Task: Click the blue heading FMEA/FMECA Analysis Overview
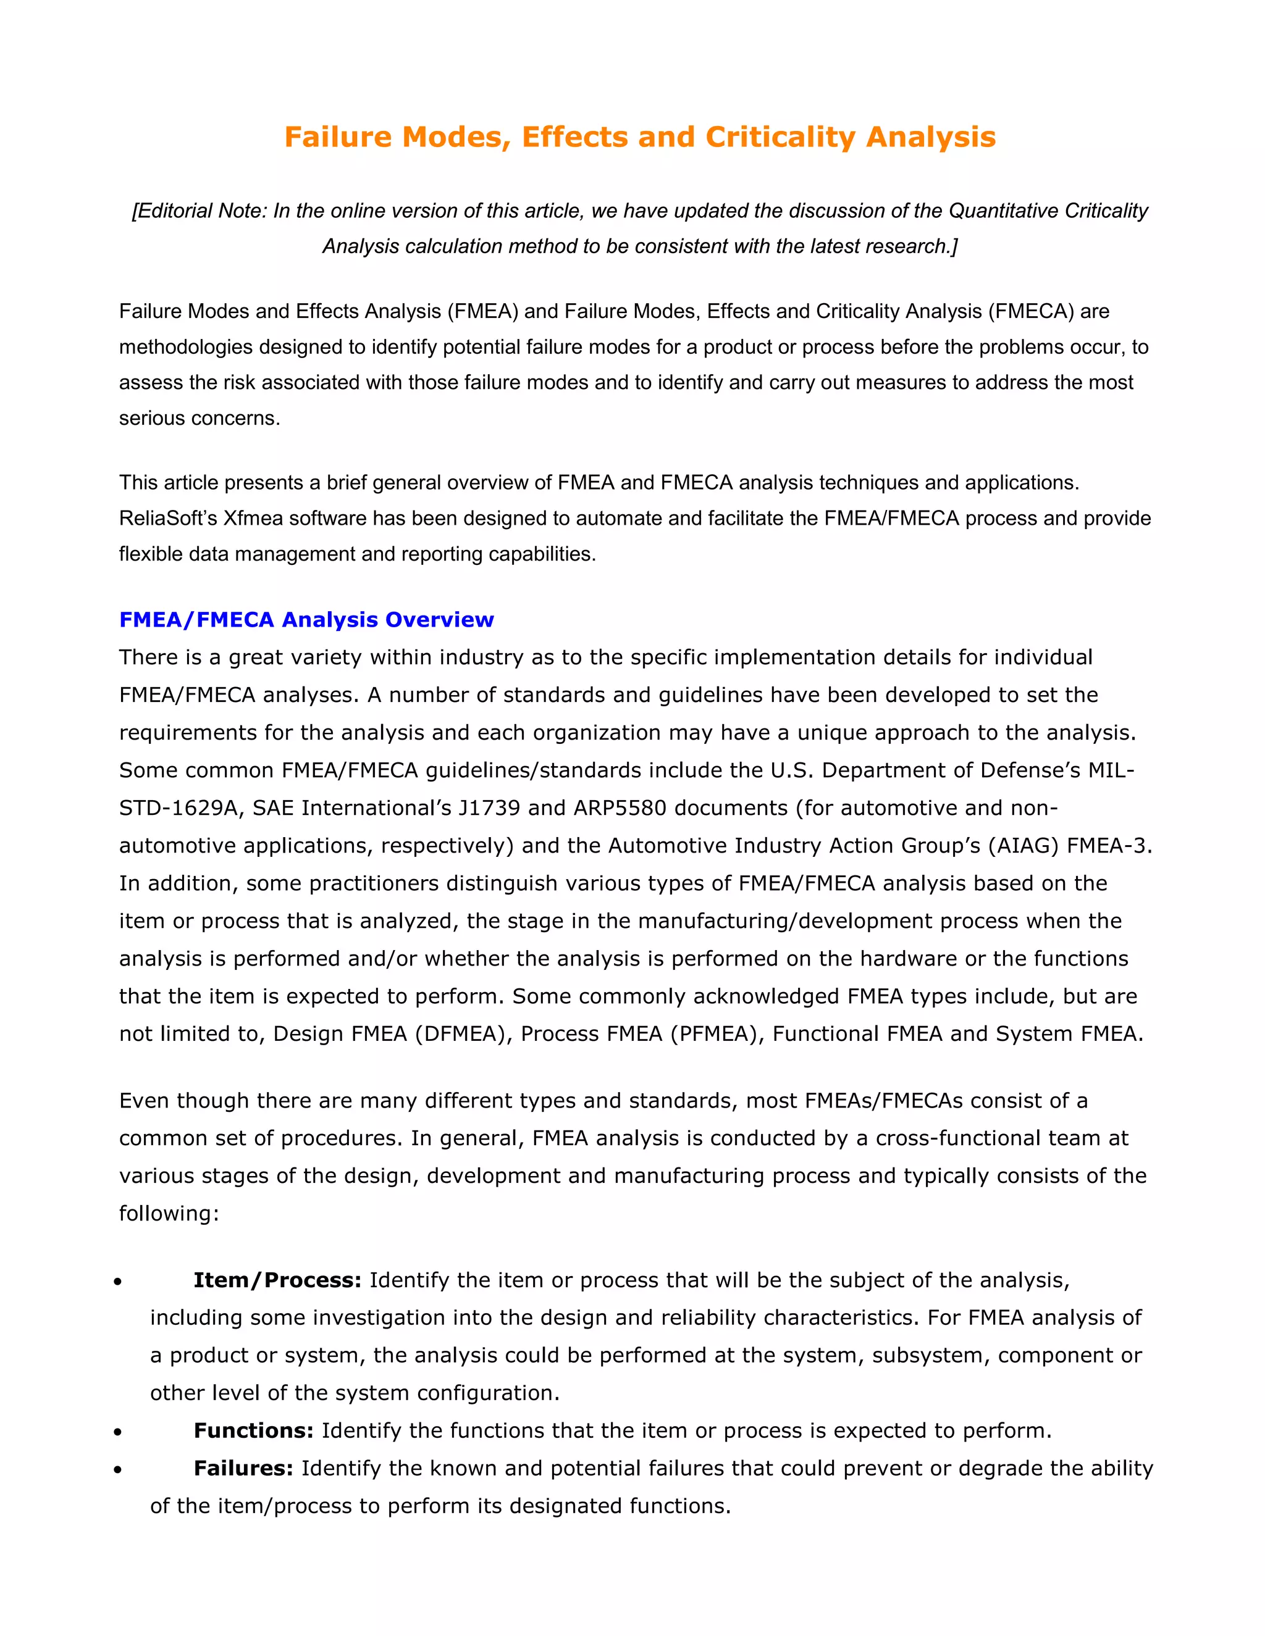point(306,619)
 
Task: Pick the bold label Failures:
point(243,1467)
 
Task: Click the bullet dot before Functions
point(117,1432)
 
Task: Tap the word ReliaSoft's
point(168,519)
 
